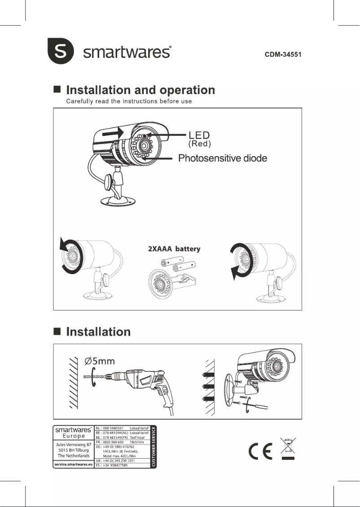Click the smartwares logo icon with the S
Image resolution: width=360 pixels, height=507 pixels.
61,52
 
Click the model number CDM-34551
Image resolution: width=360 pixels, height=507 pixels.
283,55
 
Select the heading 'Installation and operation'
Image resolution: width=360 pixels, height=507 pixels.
140,90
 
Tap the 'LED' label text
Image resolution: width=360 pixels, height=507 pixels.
199,135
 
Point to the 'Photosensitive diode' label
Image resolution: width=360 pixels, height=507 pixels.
223,158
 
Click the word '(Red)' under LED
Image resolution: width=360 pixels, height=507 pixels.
199,144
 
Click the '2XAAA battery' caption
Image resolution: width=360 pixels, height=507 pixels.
174,249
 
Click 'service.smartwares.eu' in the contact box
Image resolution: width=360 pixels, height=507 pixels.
74,465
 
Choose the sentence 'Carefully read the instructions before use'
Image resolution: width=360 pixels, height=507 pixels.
129,101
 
